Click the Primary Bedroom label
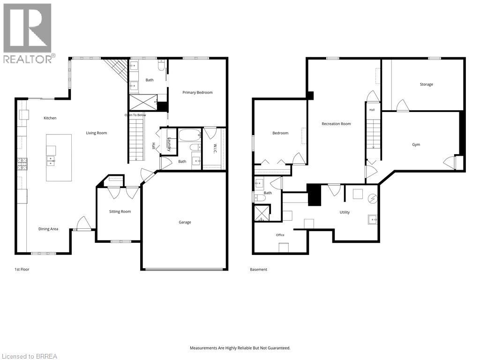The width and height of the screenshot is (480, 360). tap(197, 92)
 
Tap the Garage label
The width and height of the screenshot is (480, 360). tap(185, 222)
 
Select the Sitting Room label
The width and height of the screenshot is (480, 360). tap(120, 211)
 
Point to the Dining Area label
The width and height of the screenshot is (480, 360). tap(48, 229)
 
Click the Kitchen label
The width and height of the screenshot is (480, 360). tap(50, 118)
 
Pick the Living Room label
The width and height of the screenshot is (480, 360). tap(97, 133)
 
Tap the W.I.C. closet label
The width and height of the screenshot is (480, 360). tap(215, 149)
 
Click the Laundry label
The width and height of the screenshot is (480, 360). tap(169, 144)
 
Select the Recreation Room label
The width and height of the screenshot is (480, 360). tap(336, 124)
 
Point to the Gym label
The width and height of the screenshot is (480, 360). tap(416, 144)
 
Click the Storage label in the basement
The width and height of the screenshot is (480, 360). tap(427, 84)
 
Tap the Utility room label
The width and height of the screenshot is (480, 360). tap(345, 212)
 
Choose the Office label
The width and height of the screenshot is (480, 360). tap(280, 235)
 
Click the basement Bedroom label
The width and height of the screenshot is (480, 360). tap(280, 133)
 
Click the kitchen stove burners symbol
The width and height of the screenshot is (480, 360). tap(22, 164)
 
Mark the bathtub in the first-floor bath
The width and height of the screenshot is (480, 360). tap(190, 135)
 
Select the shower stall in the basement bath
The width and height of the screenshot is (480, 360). tap(262, 213)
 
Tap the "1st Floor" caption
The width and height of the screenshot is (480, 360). tap(22, 270)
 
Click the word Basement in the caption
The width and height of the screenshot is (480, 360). tap(259, 270)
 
